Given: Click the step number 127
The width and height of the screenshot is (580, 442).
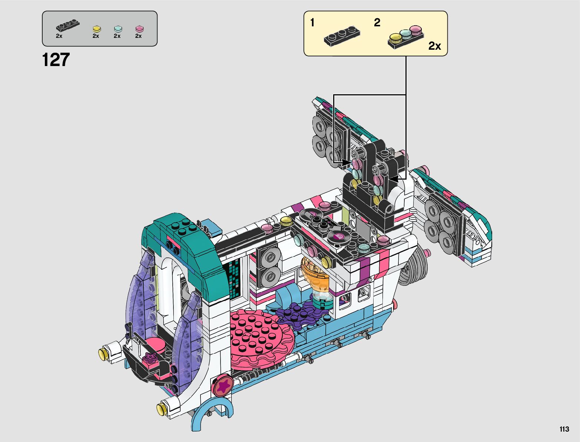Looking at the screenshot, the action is pyautogui.click(x=56, y=59).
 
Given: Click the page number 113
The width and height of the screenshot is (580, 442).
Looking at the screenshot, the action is pyautogui.click(x=564, y=429).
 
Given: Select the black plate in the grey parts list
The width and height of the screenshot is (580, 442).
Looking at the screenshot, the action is pyautogui.click(x=68, y=25).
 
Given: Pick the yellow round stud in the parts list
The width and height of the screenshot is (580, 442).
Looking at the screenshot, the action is pyautogui.click(x=97, y=29).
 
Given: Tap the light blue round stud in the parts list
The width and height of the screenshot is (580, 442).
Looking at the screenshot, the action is pyautogui.click(x=118, y=29).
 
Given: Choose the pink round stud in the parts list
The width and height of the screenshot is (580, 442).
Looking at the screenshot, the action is pyautogui.click(x=139, y=29).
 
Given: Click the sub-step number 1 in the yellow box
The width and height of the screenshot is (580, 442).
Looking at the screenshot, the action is pyautogui.click(x=312, y=23).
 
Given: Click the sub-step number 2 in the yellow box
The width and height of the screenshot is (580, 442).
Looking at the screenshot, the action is pyautogui.click(x=377, y=23).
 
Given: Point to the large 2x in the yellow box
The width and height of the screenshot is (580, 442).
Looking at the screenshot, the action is pyautogui.click(x=434, y=46).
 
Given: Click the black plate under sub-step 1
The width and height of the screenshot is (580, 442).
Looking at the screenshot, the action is pyautogui.click(x=342, y=36).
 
